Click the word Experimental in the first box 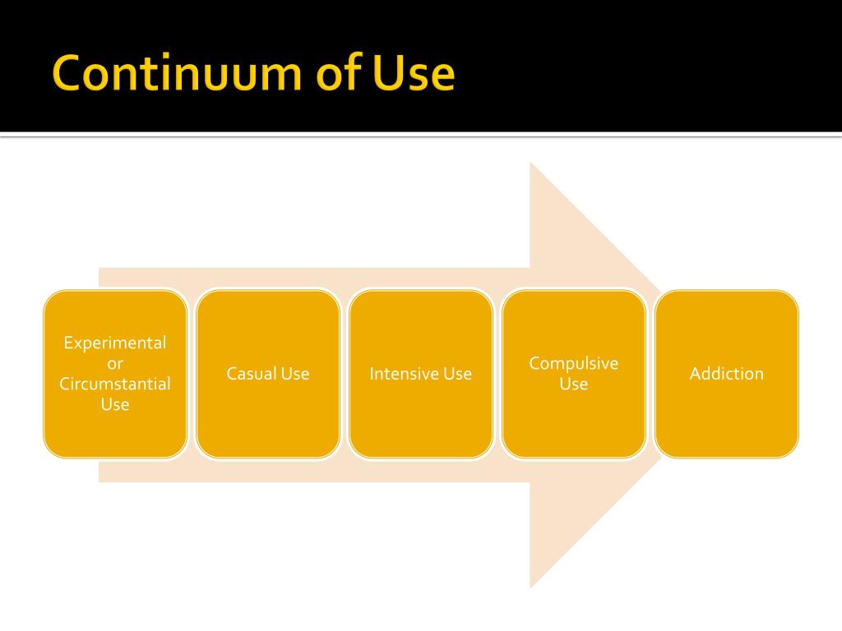[x=115, y=343]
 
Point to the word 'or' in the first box [x=115, y=363]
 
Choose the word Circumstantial [x=115, y=384]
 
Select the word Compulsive [x=574, y=363]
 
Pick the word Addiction [x=727, y=374]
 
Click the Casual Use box [x=268, y=427]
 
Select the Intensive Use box [x=421, y=427]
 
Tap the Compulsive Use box [x=574, y=427]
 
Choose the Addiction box [x=727, y=427]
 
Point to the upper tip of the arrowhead [x=532, y=165]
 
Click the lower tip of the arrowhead [x=532, y=586]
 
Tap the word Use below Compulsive [x=574, y=384]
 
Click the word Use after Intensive [x=458, y=374]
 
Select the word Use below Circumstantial [x=115, y=404]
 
